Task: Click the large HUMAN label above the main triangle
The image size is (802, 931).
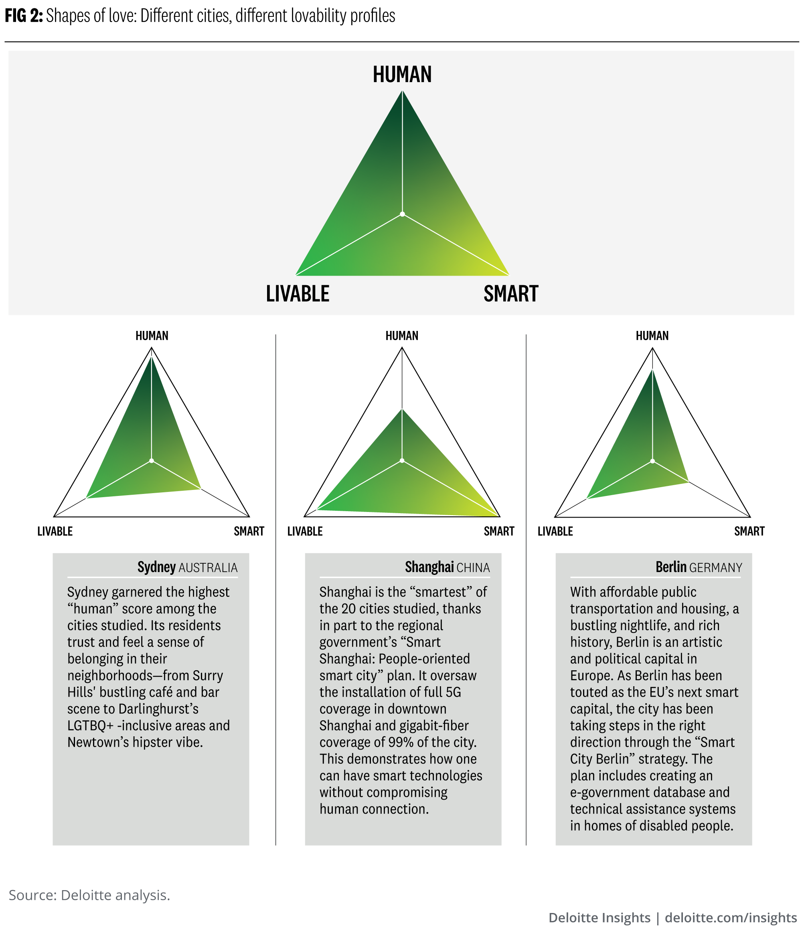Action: click(x=402, y=75)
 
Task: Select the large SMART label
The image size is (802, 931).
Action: click(x=510, y=294)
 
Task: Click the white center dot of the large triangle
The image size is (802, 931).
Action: click(x=402, y=214)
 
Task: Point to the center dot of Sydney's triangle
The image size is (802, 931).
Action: click(x=152, y=461)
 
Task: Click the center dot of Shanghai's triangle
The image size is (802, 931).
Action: click(x=402, y=461)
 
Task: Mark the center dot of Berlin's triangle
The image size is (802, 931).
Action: click(x=652, y=461)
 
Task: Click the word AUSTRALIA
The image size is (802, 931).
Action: click(x=208, y=568)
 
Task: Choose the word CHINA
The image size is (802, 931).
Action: click(x=473, y=568)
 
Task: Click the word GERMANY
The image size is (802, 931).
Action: click(x=715, y=568)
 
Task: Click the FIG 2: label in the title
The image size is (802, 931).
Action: click(x=24, y=16)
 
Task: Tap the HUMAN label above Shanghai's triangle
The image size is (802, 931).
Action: click(x=402, y=336)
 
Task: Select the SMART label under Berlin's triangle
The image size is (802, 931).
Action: click(x=749, y=531)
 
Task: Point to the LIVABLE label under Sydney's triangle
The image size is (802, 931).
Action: click(x=55, y=531)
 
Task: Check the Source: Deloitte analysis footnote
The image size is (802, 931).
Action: click(x=89, y=895)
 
